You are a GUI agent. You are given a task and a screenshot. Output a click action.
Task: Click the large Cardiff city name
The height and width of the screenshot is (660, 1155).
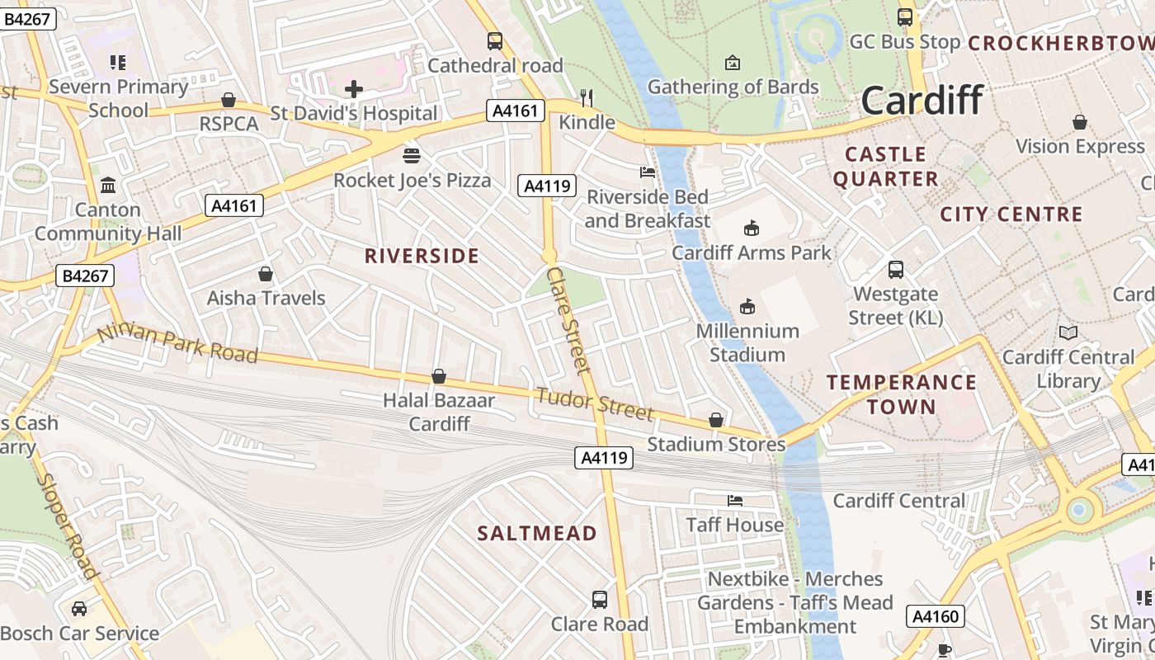click(x=922, y=100)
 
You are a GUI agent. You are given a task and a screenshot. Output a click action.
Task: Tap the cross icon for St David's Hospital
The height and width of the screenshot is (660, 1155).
click(x=354, y=89)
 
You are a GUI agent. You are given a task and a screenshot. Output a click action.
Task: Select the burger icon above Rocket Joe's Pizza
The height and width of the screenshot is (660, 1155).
click(x=412, y=155)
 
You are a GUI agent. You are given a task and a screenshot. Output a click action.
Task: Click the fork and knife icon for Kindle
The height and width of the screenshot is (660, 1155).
click(x=587, y=98)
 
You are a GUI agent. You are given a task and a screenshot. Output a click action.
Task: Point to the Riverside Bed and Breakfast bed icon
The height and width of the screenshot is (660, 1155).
click(x=648, y=172)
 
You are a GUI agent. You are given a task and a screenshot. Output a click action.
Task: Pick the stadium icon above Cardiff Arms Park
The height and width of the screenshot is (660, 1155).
click(x=751, y=228)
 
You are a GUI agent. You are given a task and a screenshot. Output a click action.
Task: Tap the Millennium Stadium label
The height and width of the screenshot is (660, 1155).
click(x=747, y=342)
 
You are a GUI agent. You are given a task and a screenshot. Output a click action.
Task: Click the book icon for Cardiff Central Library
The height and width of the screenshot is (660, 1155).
click(x=1068, y=332)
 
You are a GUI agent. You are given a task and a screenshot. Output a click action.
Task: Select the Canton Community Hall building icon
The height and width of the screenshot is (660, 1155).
click(x=108, y=185)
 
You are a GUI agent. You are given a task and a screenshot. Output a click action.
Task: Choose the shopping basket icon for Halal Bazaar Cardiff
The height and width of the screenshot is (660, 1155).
click(x=439, y=376)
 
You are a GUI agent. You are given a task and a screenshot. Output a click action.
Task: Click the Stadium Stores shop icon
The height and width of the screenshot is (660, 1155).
click(x=716, y=420)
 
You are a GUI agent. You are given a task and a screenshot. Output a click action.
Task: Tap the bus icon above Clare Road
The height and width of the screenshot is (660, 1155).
click(x=600, y=599)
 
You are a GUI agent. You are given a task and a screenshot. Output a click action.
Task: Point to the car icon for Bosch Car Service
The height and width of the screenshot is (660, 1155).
click(x=79, y=609)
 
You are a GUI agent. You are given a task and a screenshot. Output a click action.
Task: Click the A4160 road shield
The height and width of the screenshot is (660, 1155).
click(x=936, y=616)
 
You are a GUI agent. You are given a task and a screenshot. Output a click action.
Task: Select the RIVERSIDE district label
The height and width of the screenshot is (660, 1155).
click(x=422, y=256)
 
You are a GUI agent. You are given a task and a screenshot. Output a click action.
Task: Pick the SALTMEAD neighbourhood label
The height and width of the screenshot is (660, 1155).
click(x=537, y=533)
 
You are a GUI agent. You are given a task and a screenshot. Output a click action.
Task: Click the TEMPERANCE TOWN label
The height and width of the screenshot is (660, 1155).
click(x=902, y=394)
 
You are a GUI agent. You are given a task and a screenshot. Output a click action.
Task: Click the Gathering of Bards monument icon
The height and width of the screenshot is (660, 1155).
click(x=732, y=63)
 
